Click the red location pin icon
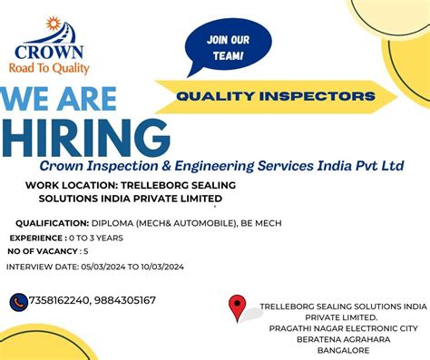click(x=238, y=307)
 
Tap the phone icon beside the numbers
click(x=19, y=301)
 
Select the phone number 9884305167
click(x=125, y=301)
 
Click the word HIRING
click(x=85, y=136)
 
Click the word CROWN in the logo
click(x=49, y=52)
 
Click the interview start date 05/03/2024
click(x=108, y=267)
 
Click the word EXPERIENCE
click(x=41, y=237)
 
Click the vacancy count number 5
click(x=85, y=250)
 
